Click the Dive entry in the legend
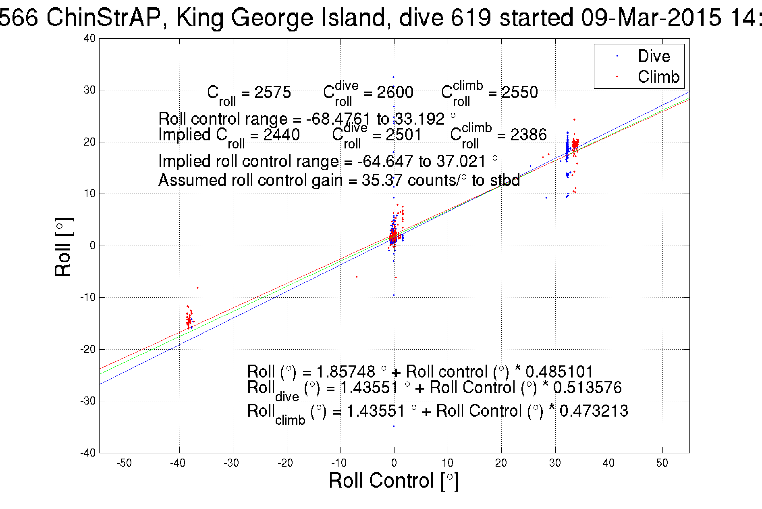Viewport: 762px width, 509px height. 654,56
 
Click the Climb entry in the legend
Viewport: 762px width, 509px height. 658,77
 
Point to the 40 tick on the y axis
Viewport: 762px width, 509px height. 90,38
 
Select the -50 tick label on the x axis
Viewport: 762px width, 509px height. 124,463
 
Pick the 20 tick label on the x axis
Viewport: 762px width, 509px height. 501,463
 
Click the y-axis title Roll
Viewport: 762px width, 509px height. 63,247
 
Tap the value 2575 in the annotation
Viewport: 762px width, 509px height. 272,92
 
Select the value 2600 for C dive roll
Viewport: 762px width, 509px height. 395,92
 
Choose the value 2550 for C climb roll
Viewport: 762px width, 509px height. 519,92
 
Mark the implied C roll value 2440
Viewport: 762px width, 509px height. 281,135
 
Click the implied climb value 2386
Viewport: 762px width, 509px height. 528,135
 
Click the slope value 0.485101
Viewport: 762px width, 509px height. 559,371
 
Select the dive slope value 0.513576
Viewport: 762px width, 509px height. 587,388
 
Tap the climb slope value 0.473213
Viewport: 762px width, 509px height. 594,411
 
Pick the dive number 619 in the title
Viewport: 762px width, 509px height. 471,18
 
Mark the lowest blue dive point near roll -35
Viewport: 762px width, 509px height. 394,426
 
